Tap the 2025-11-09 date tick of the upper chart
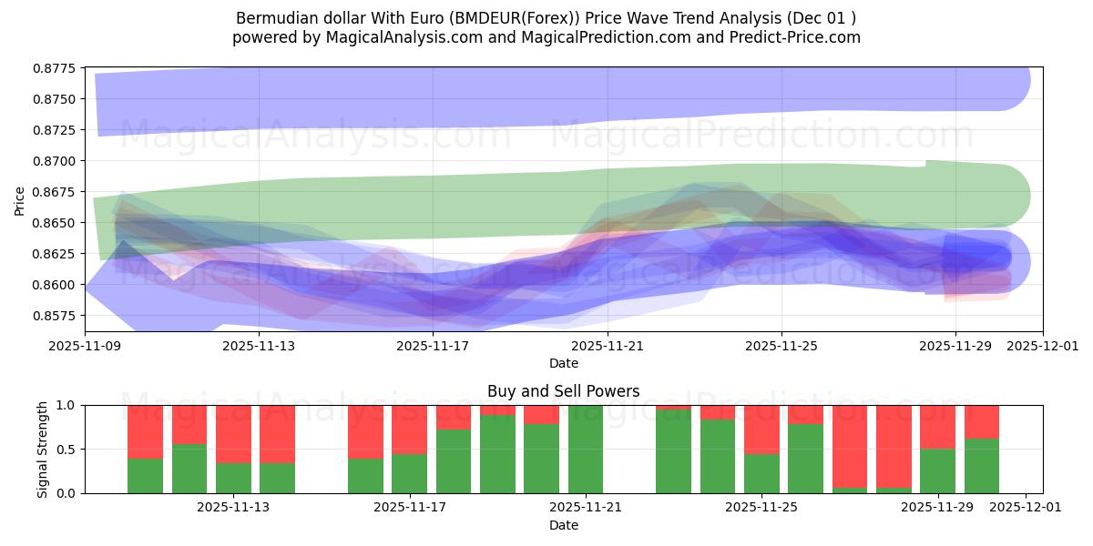tap(85, 346)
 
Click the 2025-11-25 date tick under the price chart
tap(781, 346)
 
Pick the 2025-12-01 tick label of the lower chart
tap(1026, 508)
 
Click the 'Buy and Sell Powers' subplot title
tap(563, 391)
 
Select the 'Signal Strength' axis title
tap(42, 449)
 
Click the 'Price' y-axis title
tap(20, 199)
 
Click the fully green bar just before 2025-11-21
tap(586, 450)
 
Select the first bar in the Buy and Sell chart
tap(145, 450)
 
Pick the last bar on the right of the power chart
tap(982, 450)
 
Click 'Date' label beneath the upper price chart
tap(563, 363)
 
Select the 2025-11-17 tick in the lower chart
tap(409, 508)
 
